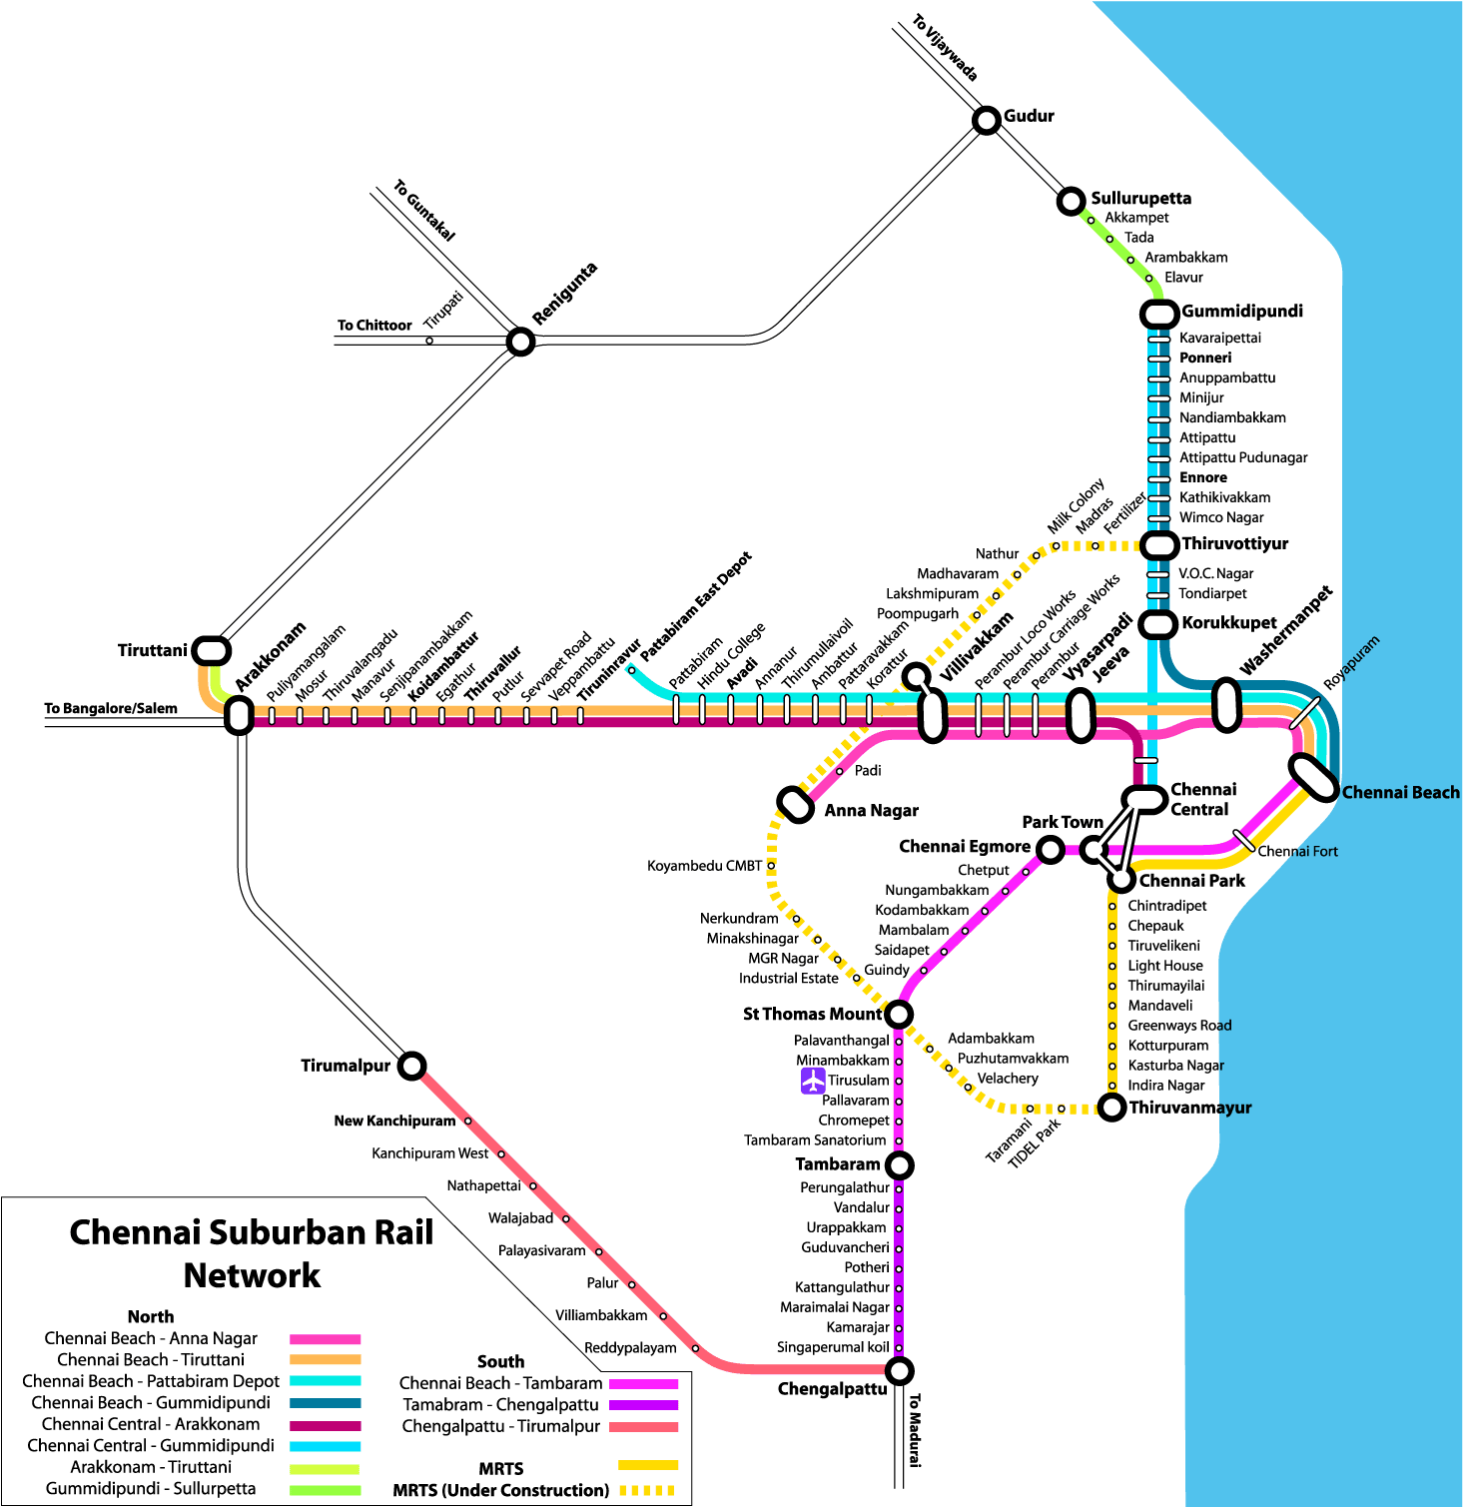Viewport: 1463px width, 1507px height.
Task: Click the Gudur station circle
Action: pyautogui.click(x=986, y=121)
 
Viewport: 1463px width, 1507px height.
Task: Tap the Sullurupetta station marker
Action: pyautogui.click(x=1070, y=201)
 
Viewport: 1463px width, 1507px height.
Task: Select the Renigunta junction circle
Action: pyautogui.click(x=520, y=342)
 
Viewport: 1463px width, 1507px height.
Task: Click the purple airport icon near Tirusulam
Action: pyautogui.click(x=813, y=1081)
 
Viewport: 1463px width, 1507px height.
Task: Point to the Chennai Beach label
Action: pyautogui.click(x=1400, y=792)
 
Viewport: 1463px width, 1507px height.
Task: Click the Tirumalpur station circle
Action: pyautogui.click(x=411, y=1066)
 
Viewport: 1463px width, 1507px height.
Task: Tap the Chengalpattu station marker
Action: pyautogui.click(x=899, y=1369)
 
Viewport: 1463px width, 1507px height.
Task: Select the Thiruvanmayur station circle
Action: pyautogui.click(x=1111, y=1107)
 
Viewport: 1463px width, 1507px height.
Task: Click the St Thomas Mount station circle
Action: pyautogui.click(x=898, y=1015)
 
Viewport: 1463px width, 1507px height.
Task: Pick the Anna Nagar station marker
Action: pyautogui.click(x=796, y=804)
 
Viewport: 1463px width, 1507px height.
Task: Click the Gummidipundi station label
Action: pyautogui.click(x=1241, y=312)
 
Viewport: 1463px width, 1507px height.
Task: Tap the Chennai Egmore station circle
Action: pyautogui.click(x=1050, y=850)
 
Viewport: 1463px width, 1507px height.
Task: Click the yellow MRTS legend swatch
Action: pyautogui.click(x=647, y=1465)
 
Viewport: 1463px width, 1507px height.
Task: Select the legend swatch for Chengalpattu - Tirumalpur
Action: pyautogui.click(x=643, y=1426)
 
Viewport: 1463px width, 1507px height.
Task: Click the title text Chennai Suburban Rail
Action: pyautogui.click(x=252, y=1232)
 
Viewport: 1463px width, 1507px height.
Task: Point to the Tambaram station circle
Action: pyautogui.click(x=899, y=1164)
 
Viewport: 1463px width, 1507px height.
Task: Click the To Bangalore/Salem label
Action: pyautogui.click(x=111, y=708)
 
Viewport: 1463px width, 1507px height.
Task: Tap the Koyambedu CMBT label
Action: pyautogui.click(x=704, y=866)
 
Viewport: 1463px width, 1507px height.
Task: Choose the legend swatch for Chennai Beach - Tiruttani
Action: pyautogui.click(x=325, y=1359)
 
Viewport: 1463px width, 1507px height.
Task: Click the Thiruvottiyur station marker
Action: pyautogui.click(x=1159, y=545)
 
